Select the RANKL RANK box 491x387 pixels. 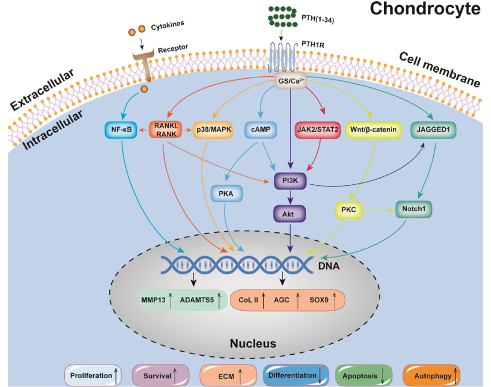click(x=166, y=129)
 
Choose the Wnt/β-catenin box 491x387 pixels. click(x=373, y=129)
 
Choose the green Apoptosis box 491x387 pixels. click(x=364, y=375)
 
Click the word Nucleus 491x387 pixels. click(x=253, y=344)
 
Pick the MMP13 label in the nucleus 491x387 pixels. click(x=153, y=300)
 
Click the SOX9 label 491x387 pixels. click(x=318, y=300)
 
